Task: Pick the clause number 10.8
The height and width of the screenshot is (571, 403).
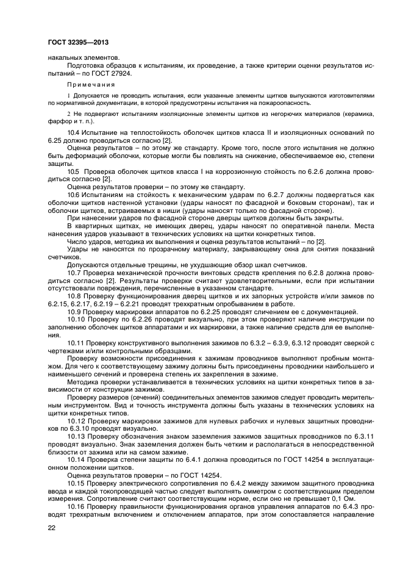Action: (x=76, y=295)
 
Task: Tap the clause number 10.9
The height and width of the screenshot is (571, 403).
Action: (x=76, y=311)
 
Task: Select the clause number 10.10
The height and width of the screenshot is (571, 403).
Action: (x=77, y=319)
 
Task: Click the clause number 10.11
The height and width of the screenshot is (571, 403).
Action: (x=77, y=343)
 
